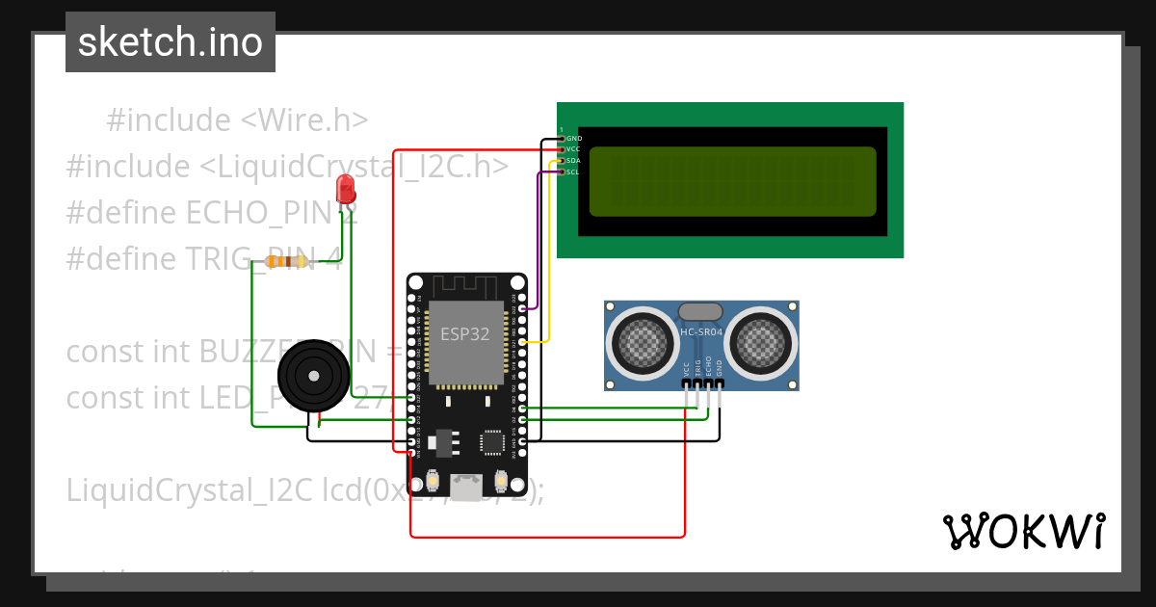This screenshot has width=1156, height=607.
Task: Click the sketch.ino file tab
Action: [170, 42]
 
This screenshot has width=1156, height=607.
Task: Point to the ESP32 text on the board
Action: [466, 334]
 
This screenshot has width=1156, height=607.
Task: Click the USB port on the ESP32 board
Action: [467, 488]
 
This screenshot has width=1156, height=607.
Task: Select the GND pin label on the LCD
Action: [574, 139]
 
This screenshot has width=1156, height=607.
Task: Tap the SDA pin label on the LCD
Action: [574, 160]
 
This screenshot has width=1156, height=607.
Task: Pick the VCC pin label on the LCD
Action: [574, 149]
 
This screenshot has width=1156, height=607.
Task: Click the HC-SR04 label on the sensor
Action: [701, 332]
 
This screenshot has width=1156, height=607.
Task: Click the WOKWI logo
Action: [1023, 531]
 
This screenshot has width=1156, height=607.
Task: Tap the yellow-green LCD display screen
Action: [732, 181]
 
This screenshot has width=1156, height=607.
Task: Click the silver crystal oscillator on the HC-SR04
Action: [701, 310]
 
